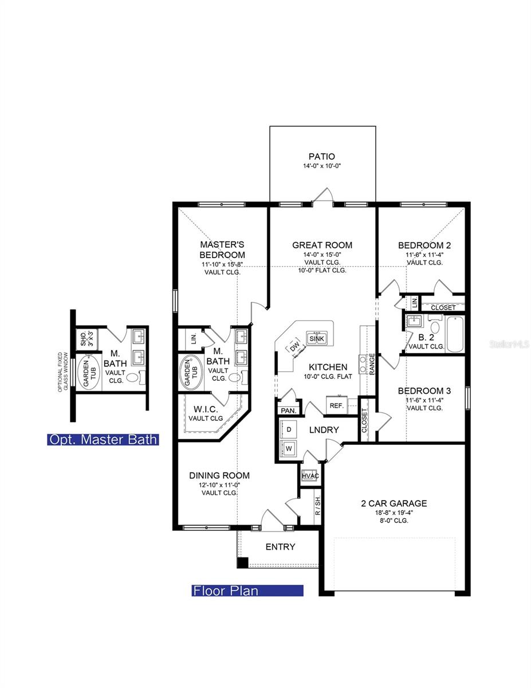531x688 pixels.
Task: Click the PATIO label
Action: pos(321,156)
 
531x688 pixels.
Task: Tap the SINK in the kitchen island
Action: pos(316,338)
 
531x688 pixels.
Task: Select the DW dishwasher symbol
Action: pos(294,347)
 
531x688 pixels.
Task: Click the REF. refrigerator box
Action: pos(336,405)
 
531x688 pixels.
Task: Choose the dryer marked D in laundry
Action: pos(289,429)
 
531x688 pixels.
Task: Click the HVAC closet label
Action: pos(310,476)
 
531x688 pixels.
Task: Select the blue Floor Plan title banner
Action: pos(247,591)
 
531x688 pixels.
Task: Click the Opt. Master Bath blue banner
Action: pos(103,440)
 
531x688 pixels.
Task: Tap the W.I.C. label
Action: pos(205,409)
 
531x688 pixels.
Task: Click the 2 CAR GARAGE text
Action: pos(394,503)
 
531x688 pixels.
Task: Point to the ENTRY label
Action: pos(280,546)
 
